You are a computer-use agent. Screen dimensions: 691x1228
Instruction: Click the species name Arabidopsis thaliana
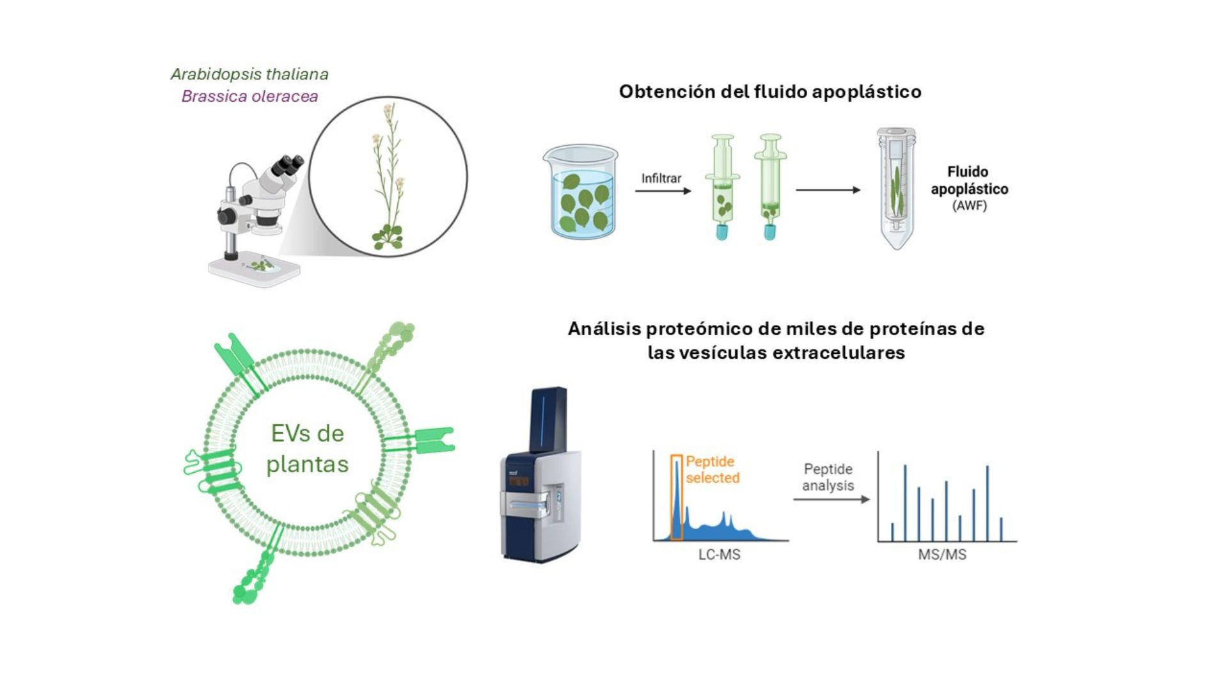249,74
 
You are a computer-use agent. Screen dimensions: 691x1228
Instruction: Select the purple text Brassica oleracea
249,97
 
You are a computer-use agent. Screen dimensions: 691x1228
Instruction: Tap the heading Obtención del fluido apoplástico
769,91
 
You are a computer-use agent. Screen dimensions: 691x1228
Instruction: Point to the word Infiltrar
661,179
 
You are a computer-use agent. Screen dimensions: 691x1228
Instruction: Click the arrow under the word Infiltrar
663,191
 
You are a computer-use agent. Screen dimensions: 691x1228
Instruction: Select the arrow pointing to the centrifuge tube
828,190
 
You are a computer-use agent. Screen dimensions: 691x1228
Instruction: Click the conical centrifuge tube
896,189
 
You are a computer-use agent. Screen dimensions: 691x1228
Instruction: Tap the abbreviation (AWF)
970,206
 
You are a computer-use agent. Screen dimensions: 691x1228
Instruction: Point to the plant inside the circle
388,179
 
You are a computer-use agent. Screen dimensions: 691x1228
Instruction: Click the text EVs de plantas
308,449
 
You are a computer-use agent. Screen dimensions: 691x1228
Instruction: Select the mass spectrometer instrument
541,477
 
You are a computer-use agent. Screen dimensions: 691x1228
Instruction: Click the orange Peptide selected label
712,470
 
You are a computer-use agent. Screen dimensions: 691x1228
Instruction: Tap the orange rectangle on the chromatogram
677,497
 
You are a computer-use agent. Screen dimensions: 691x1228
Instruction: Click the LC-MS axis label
719,555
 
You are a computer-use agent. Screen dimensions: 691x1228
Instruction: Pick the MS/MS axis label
942,555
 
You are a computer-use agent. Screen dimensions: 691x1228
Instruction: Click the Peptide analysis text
828,477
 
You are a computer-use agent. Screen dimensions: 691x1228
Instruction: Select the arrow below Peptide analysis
831,499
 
